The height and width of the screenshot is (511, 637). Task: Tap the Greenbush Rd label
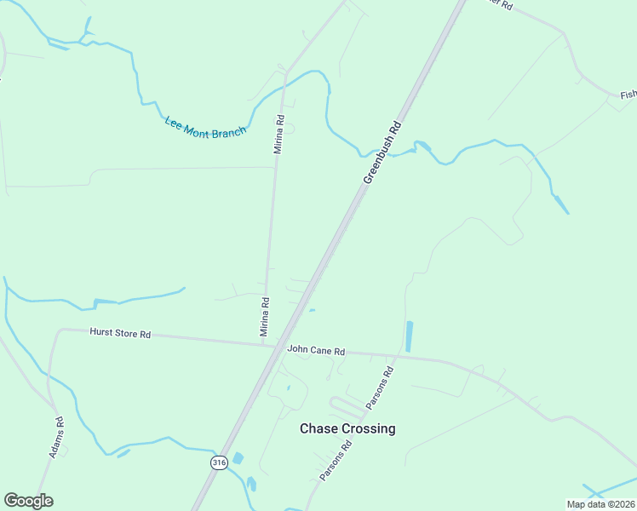[x=382, y=152]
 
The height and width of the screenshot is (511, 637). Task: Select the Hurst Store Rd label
[x=120, y=334]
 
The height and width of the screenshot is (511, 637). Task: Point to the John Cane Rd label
[x=316, y=350]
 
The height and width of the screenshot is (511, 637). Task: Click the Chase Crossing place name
[x=347, y=428]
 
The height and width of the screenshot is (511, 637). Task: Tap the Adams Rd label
[x=57, y=437]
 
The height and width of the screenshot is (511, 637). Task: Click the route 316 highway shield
[x=220, y=462]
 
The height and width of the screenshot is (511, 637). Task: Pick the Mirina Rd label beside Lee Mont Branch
[x=278, y=134]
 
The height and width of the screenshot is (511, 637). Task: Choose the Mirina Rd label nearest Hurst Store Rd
[x=265, y=314]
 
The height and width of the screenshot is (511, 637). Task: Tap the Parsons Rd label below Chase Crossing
[x=336, y=460]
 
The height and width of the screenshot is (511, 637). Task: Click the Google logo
[x=28, y=501]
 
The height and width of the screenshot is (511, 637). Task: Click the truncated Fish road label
[x=628, y=95]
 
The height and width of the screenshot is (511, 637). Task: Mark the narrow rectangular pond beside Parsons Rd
[x=410, y=336]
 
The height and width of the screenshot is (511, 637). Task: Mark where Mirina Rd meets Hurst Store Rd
[x=264, y=343]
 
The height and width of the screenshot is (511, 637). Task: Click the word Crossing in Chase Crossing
[x=369, y=428]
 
